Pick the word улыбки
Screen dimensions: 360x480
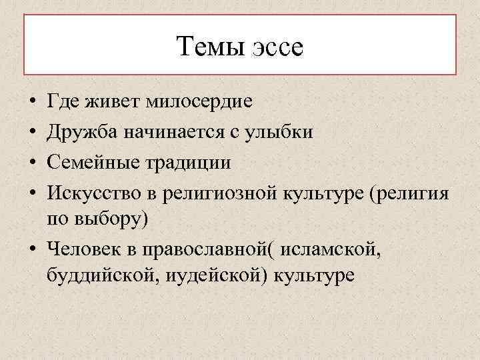283,132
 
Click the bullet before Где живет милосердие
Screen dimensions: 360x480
32,104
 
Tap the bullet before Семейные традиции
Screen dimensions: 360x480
32,162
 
